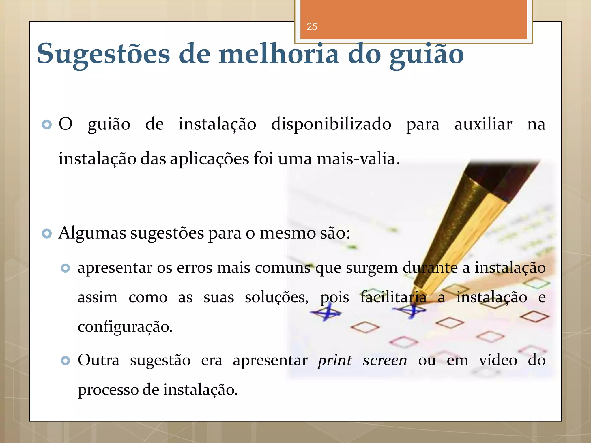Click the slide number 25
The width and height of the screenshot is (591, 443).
click(312, 27)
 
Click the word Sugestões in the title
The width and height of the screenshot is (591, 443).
click(103, 54)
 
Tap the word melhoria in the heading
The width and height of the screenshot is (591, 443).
click(279, 54)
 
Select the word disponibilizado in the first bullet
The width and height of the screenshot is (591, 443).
click(331, 125)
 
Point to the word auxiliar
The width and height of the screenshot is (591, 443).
click(483, 125)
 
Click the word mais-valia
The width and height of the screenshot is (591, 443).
click(358, 159)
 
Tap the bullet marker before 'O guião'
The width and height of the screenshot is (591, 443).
click(47, 125)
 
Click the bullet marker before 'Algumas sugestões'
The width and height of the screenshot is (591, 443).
click(47, 233)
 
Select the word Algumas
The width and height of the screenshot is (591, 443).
click(92, 233)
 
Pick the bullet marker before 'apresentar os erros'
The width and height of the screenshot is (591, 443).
click(66, 268)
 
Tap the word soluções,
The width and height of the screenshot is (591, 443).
click(276, 297)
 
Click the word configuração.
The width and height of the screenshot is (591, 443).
click(125, 327)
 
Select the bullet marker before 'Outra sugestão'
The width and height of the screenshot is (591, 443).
click(66, 361)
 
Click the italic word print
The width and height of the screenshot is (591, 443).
click(335, 361)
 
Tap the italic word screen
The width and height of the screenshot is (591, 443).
click(385, 361)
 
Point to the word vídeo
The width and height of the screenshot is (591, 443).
click(498, 360)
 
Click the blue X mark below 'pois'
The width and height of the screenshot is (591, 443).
click(326, 313)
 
